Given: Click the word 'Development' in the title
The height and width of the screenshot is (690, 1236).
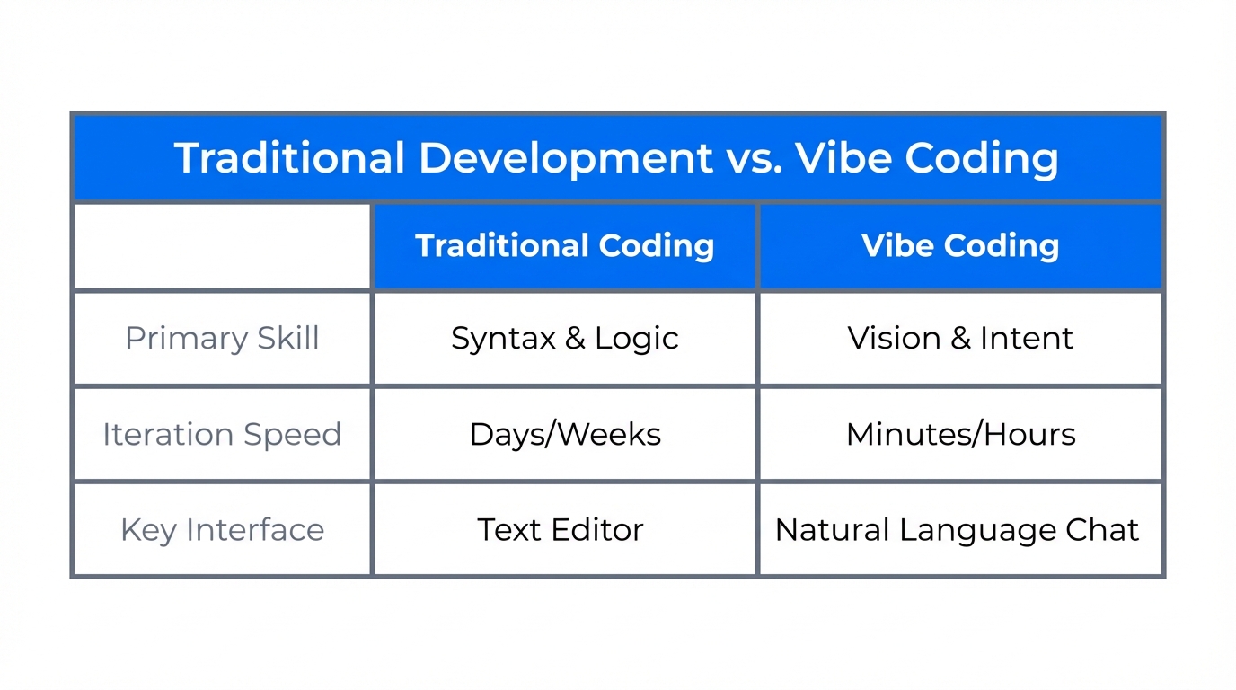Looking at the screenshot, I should [565, 158].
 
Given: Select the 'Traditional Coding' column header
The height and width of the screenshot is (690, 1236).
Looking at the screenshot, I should [564, 246].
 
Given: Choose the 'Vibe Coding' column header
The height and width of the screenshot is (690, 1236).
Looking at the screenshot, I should [960, 246].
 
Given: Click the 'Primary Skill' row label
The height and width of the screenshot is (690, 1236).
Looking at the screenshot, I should [222, 339].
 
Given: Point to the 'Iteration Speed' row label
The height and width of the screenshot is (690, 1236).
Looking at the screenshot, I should [222, 434].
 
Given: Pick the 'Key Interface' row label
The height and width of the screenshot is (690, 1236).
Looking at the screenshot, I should [222, 530].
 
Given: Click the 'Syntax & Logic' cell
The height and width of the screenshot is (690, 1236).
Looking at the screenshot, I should [564, 339].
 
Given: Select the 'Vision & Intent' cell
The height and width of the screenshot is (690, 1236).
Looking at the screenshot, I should [960, 339].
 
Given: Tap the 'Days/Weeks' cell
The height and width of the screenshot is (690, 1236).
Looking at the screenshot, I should [564, 435].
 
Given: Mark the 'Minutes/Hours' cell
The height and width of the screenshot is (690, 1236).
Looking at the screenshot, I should [960, 435].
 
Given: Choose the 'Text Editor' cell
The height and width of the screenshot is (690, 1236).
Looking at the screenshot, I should [561, 530].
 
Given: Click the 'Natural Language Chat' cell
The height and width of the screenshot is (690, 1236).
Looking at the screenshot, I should [957, 530].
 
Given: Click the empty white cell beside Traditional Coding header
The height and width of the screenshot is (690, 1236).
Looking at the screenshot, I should [222, 246].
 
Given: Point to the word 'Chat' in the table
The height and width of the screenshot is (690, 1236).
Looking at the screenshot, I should [1102, 530].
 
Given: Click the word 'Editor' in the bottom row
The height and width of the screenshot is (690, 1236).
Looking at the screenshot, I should [597, 530].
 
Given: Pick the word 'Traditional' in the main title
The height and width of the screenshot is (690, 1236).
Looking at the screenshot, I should [289, 158].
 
